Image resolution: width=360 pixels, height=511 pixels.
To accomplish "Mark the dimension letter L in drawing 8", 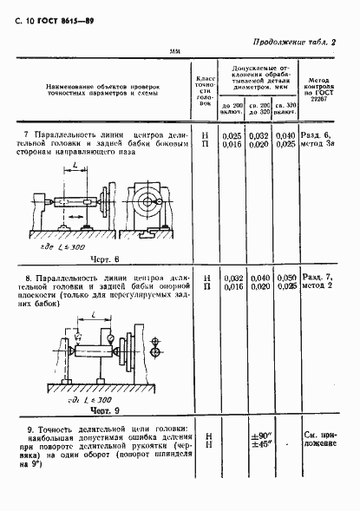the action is (78, 164).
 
